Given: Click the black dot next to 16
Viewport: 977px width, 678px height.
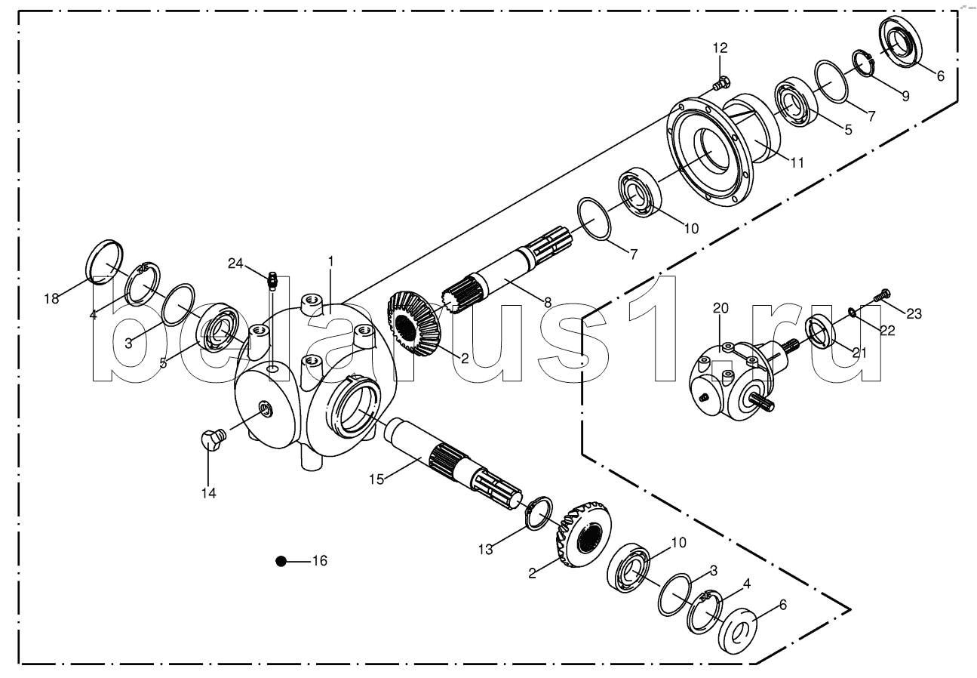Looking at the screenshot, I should pyautogui.click(x=281, y=561).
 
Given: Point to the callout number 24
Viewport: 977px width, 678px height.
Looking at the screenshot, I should pyautogui.click(x=235, y=263).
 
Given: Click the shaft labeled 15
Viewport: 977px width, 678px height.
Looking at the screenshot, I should pyautogui.click(x=445, y=461).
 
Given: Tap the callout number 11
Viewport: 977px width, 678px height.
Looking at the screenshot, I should pyautogui.click(x=797, y=162).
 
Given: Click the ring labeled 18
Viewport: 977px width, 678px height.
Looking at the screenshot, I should pyautogui.click(x=104, y=260).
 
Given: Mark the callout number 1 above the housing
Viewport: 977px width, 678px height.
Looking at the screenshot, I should pyautogui.click(x=330, y=260).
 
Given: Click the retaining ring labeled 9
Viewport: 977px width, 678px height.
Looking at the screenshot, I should pyautogui.click(x=863, y=63).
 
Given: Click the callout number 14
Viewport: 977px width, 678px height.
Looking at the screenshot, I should pyautogui.click(x=208, y=493).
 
